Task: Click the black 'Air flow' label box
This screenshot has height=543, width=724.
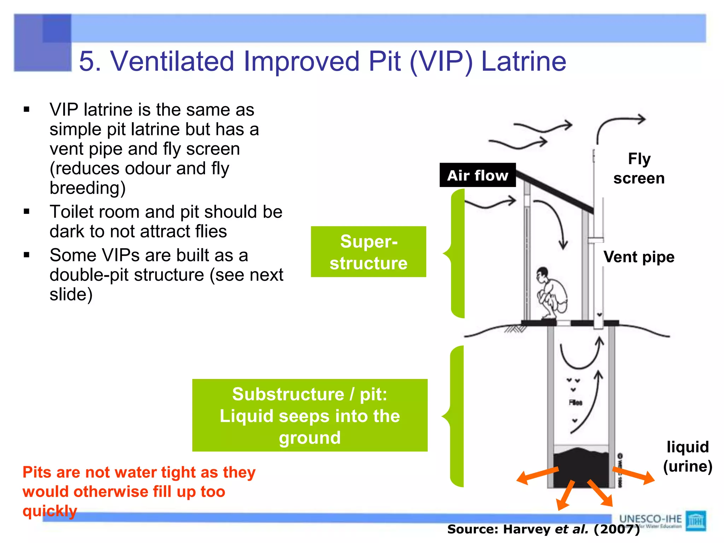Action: (x=477, y=175)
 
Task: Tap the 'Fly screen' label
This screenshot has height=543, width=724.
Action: (x=639, y=169)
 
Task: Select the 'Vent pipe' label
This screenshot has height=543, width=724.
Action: (x=639, y=257)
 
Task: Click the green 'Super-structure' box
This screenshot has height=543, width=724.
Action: (x=368, y=252)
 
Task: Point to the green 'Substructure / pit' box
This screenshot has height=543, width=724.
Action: (x=310, y=415)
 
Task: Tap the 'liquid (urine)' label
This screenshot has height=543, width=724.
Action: (x=688, y=456)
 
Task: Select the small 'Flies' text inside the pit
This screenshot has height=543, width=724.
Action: (x=576, y=402)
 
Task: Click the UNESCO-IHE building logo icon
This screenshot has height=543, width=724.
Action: (x=696, y=520)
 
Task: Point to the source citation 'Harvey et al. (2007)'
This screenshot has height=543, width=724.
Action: (x=543, y=529)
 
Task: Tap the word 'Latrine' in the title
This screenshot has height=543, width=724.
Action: (x=524, y=61)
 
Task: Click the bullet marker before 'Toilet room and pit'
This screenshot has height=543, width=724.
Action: (x=27, y=211)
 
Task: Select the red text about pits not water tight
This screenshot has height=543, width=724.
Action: (x=139, y=491)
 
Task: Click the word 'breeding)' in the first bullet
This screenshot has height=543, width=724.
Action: (x=88, y=188)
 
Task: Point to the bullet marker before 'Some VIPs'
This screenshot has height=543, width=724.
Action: (x=27, y=255)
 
